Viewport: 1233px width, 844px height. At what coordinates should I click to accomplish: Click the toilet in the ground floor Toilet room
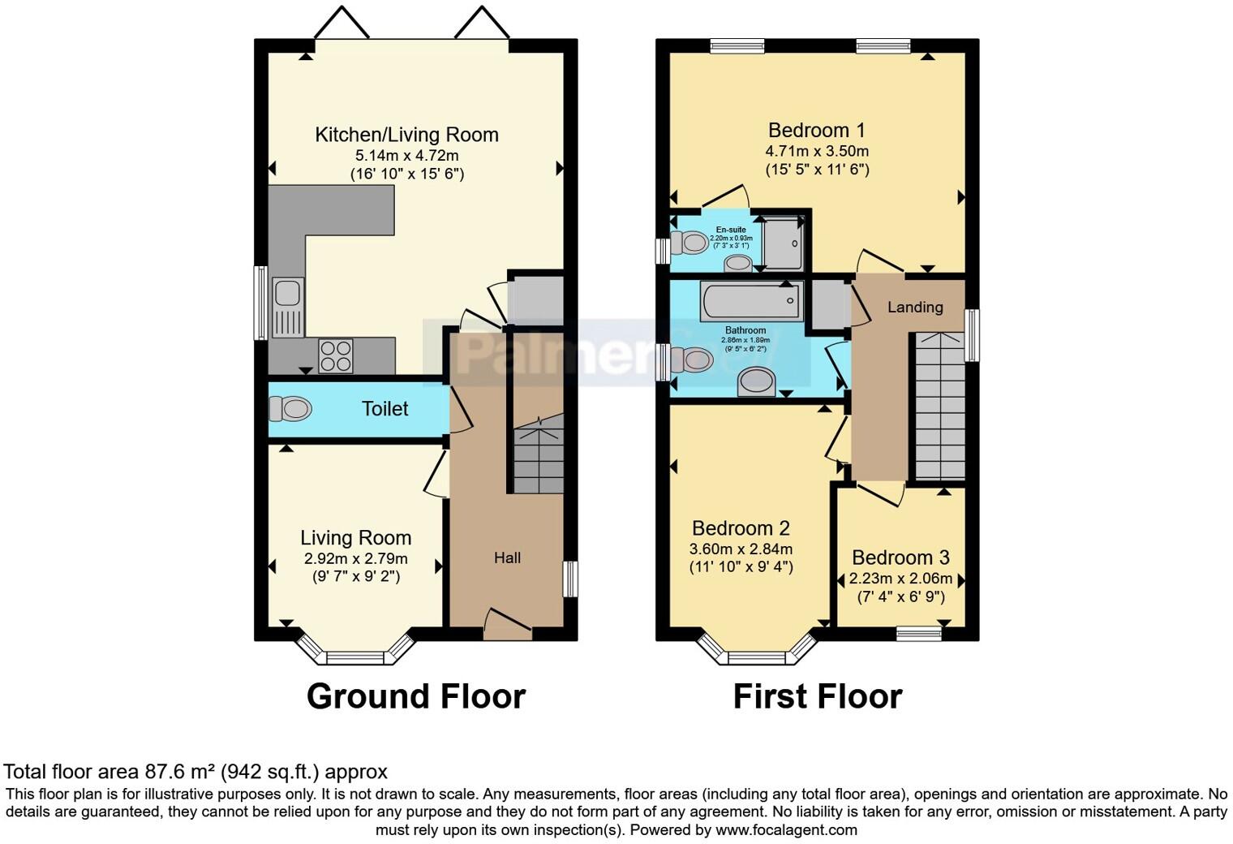pos(290,408)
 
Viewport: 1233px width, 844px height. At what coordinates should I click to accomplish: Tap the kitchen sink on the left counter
pos(287,307)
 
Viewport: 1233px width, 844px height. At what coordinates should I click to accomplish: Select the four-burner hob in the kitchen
pos(336,355)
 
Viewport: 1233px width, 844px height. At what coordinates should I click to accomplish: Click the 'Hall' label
pos(507,558)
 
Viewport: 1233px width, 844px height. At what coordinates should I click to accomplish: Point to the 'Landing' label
pos(915,307)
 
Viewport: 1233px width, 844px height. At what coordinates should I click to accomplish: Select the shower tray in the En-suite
pos(783,243)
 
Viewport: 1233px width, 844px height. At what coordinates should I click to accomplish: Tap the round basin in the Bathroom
pos(756,380)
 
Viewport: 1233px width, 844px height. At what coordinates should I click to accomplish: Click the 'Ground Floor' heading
pos(415,696)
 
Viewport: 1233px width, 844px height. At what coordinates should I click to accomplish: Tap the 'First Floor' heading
pos(817,696)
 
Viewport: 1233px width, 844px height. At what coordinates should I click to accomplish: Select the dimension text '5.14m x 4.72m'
pos(406,155)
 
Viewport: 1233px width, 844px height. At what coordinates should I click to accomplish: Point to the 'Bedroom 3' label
pos(900,558)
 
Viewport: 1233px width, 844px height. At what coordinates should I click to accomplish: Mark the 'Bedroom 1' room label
pos(816,130)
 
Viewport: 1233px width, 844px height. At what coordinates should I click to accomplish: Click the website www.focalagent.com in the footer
pos(786,829)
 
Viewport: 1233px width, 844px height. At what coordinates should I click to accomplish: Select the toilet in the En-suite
pos(691,242)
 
